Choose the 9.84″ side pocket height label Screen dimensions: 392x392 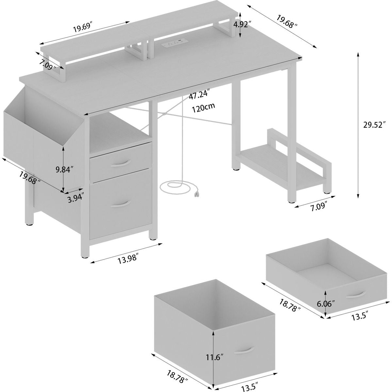tap(64, 169)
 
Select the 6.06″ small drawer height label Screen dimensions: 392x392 tap(326, 304)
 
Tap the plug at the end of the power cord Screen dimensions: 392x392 tap(197, 194)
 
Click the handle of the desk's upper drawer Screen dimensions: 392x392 tap(121, 163)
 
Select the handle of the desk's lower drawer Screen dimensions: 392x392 tap(121, 204)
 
